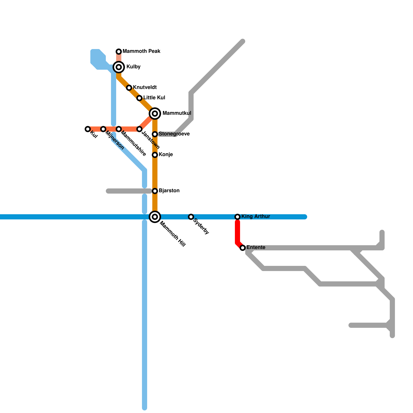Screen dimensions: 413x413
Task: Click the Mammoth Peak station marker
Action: (x=119, y=52)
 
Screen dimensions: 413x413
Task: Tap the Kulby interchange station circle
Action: (x=119, y=67)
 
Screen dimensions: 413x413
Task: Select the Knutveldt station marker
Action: (x=129, y=88)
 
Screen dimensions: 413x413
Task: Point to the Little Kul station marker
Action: (x=139, y=98)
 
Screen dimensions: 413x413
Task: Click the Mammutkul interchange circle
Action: (x=155, y=114)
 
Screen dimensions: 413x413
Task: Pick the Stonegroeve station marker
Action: (x=155, y=134)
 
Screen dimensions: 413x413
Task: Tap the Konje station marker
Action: (x=155, y=155)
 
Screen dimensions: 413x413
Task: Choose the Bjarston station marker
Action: (x=155, y=191)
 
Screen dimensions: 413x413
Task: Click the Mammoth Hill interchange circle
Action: (x=155, y=217)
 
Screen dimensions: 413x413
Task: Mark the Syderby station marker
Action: (x=191, y=217)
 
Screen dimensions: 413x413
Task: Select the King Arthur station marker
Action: (x=237, y=217)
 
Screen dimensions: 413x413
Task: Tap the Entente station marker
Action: (x=243, y=248)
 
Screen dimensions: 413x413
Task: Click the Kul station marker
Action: (x=88, y=129)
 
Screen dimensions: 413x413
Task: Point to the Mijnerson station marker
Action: (x=103, y=129)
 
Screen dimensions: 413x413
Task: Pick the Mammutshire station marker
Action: (x=119, y=129)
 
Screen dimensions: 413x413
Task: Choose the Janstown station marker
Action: (x=139, y=129)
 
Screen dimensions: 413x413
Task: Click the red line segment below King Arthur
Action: (x=237, y=232)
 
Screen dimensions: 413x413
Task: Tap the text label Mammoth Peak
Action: (x=141, y=51)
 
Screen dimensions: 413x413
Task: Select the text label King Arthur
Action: (x=256, y=217)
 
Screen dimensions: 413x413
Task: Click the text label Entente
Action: (x=256, y=248)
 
